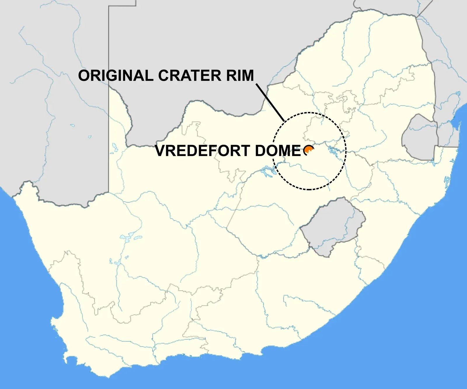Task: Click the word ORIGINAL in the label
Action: tap(116, 76)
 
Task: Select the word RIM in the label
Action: tap(240, 76)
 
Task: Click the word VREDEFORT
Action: tap(203, 151)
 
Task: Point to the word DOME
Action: tap(278, 151)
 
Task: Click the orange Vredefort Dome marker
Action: tap(309, 151)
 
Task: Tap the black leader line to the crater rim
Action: tap(270, 102)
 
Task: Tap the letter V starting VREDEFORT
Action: tap(161, 151)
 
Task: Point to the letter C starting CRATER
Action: tap(164, 76)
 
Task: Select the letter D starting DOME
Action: tap(261, 151)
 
